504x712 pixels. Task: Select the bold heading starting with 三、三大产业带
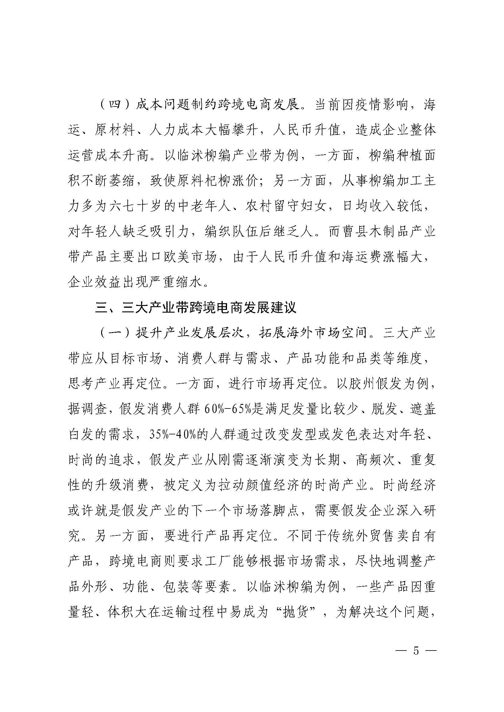pos(196,308)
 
